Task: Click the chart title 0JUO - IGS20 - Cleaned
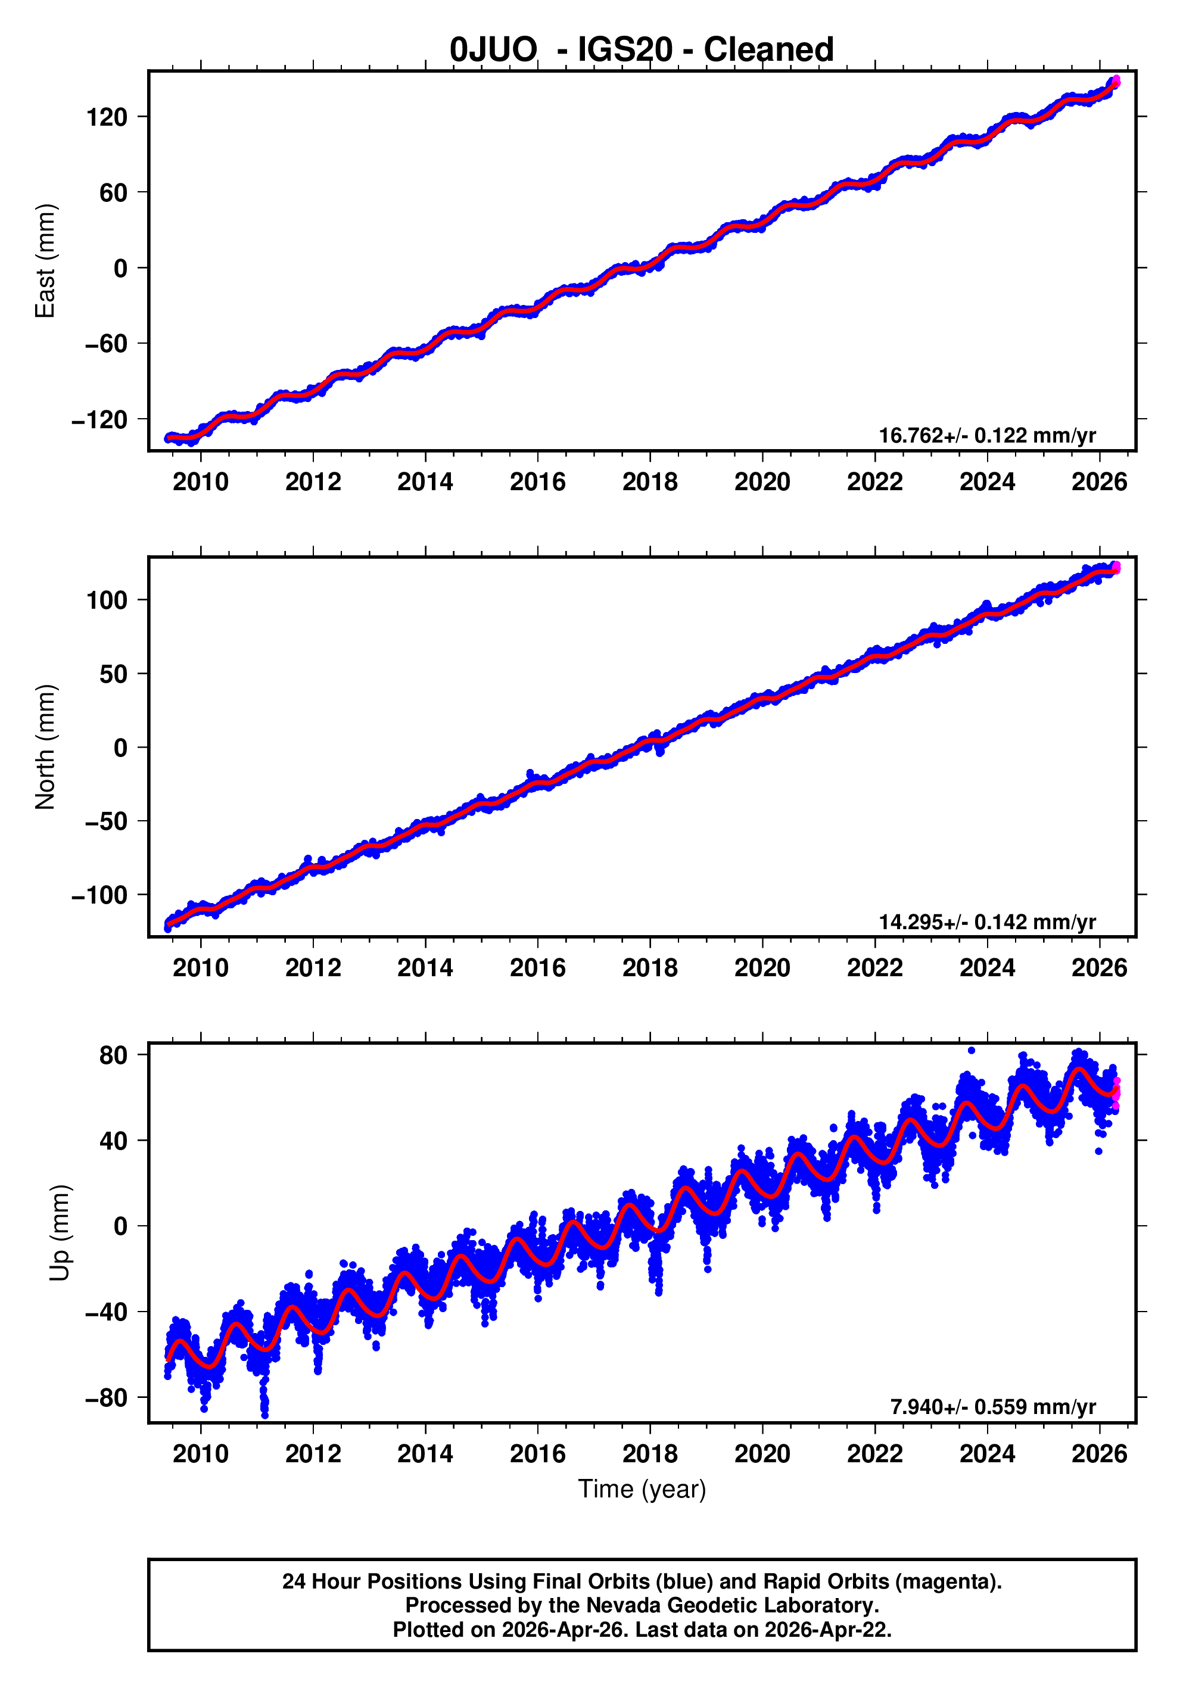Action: point(641,50)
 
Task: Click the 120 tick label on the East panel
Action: point(107,117)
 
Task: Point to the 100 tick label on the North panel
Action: point(107,600)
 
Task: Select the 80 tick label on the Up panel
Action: point(113,1055)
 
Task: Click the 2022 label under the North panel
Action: point(874,967)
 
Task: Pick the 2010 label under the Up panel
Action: point(201,1453)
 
